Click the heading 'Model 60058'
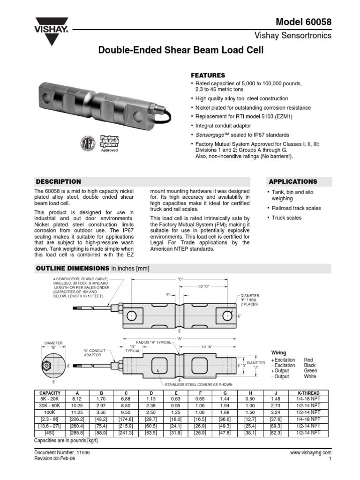[303, 22]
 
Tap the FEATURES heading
[208, 75]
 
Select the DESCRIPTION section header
[59, 181]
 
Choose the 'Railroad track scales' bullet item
[296, 208]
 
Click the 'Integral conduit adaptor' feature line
[223, 126]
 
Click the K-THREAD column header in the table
[308, 393]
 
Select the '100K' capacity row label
[49, 412]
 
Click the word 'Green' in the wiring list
[310, 371]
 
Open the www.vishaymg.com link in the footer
[311, 453]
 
